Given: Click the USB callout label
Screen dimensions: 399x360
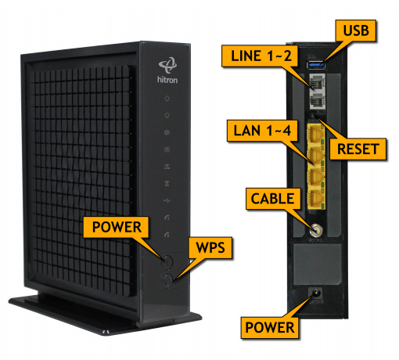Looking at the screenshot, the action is tap(356, 31).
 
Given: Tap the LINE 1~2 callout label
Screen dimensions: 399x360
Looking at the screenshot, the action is tap(260, 56).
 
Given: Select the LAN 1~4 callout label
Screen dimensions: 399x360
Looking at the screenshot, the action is tap(262, 131).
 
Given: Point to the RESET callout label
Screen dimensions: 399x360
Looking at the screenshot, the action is tap(358, 149).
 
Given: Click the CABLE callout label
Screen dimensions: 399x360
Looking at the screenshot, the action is tap(273, 199).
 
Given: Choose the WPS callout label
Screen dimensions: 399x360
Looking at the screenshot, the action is tap(210, 247).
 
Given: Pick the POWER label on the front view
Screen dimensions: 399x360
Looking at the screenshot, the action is tap(116, 227).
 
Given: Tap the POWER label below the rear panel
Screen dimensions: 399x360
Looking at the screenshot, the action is tap(270, 327).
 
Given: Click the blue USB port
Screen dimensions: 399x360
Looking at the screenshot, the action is tap(317, 65).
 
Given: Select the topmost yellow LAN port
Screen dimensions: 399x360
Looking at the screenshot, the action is tap(316, 134).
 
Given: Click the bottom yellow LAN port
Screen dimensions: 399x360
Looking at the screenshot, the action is tap(316, 200).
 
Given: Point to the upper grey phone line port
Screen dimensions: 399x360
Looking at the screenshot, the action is tap(318, 82).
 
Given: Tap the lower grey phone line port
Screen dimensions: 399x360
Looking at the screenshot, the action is tap(318, 100).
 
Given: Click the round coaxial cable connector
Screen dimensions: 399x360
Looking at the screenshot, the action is tap(316, 230).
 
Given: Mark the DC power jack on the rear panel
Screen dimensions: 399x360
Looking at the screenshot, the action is tap(316, 293).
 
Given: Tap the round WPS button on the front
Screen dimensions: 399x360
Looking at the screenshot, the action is tap(167, 280).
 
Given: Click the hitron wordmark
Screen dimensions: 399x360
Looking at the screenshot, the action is tap(167, 80).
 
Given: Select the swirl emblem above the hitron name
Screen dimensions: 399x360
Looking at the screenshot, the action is tap(167, 65).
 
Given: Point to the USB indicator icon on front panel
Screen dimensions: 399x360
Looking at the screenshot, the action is tap(167, 200).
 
